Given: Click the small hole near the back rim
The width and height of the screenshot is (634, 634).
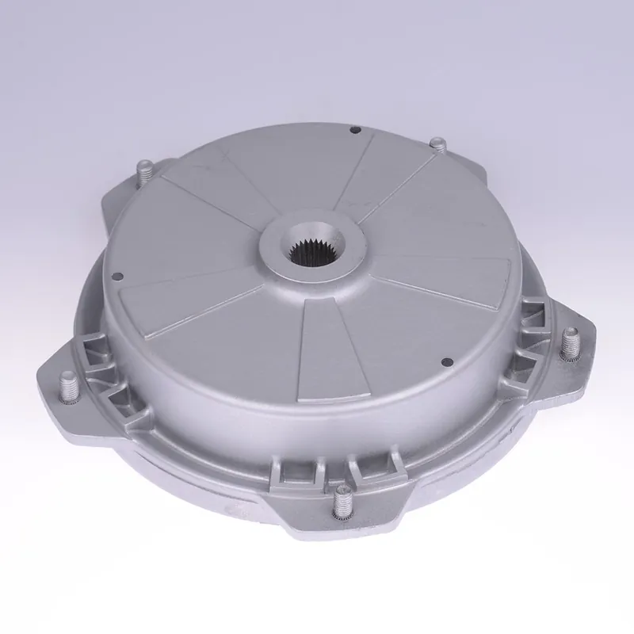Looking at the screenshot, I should click(355, 130).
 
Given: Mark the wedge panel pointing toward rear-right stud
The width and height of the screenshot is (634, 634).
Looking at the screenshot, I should click(396, 178).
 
